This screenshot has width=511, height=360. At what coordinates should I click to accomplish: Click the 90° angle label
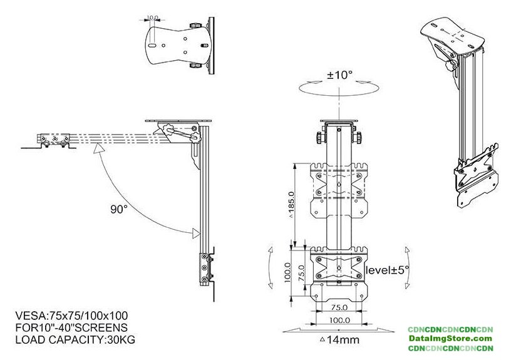tap(118, 209)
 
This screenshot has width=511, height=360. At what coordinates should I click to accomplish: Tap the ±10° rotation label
tap(339, 75)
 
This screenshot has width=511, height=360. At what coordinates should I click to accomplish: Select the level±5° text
tap(387, 270)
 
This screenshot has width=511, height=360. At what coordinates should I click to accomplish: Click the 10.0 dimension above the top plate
tap(152, 18)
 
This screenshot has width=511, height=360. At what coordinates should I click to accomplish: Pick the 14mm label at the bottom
tap(340, 340)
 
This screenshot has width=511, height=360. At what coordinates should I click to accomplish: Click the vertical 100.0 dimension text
tap(287, 273)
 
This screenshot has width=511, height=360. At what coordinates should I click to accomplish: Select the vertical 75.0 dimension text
tap(301, 273)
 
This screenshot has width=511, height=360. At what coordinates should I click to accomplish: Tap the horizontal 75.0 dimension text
tap(339, 307)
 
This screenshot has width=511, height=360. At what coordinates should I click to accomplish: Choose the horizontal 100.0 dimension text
tap(339, 320)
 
